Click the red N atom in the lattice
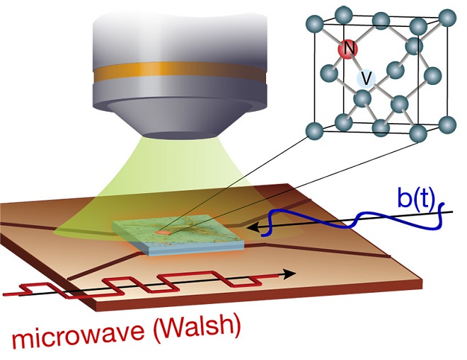pos(347,49)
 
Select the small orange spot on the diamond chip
pos(164,231)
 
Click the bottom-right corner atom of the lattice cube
pos(446,127)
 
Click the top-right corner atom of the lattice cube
pos(446,13)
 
